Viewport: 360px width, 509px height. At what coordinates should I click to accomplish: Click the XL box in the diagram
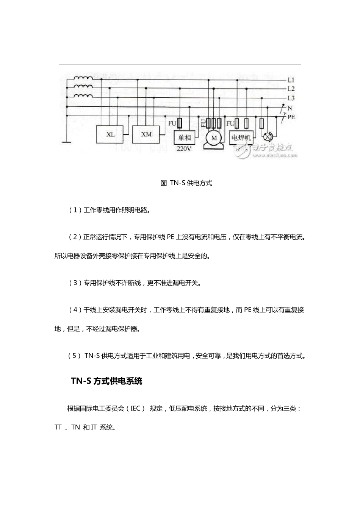pos(110,135)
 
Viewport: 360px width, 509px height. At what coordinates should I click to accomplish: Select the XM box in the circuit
pos(146,134)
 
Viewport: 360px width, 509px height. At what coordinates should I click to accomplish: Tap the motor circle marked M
pos(214,138)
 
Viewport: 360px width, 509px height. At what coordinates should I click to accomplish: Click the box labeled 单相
pos(185,137)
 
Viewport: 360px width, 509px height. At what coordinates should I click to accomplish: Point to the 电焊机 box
pos(241,137)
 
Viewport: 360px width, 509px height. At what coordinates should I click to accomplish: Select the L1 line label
pos(291,80)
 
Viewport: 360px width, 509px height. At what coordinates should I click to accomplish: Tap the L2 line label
pos(291,89)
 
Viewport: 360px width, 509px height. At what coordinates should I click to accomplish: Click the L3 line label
pos(291,98)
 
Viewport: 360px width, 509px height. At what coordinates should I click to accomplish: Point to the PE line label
pos(291,117)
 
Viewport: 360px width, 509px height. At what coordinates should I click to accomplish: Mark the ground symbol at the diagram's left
pos(67,142)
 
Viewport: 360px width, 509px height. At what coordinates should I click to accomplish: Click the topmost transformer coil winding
pos(83,79)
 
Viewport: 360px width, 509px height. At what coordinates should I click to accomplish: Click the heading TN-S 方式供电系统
pos(106,381)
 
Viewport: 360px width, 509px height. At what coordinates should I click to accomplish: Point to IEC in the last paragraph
pos(136,408)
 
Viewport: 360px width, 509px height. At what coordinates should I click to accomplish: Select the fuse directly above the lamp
pos(261,123)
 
